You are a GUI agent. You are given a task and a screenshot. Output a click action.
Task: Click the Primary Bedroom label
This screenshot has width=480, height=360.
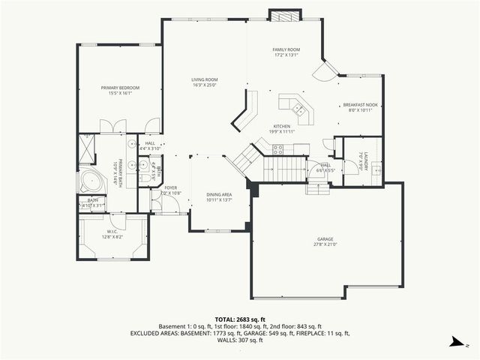(x=120, y=88)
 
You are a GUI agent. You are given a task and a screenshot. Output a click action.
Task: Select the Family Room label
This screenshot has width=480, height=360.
(x=285, y=49)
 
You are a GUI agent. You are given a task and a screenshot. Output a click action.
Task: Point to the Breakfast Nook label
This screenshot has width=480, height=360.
(x=360, y=105)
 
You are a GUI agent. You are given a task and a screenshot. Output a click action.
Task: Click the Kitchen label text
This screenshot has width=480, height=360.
(x=281, y=126)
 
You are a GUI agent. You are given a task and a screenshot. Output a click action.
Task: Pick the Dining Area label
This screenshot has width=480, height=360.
(x=219, y=194)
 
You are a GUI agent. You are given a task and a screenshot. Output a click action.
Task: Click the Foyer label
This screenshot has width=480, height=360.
(x=171, y=188)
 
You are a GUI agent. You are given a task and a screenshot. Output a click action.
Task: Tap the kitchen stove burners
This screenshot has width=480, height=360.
(x=278, y=148)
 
